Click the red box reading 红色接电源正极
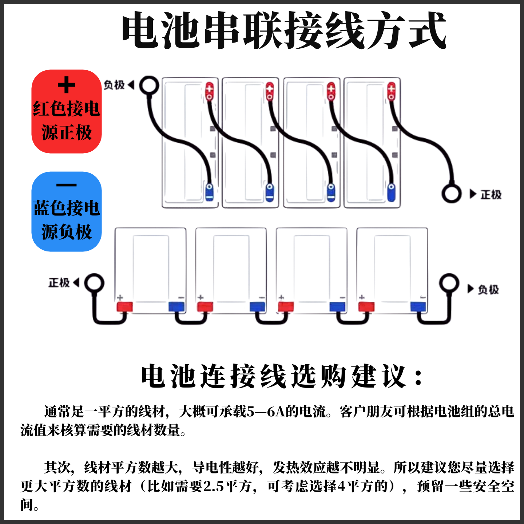[x=67, y=111]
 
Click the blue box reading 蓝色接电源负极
[x=67, y=211]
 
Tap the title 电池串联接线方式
[x=284, y=31]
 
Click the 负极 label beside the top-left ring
[x=114, y=85]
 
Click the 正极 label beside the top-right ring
[x=491, y=195]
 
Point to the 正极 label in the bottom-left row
[x=59, y=283]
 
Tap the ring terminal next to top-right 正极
[x=452, y=194]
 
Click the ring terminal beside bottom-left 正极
[x=94, y=283]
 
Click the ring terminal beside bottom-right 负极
[x=449, y=283]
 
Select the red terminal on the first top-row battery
[x=210, y=91]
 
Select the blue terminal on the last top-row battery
[x=391, y=192]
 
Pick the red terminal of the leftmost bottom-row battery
[x=124, y=307]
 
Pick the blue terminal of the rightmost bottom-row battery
[x=418, y=307]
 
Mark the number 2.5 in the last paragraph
[x=213, y=487]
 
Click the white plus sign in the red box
[x=66, y=86]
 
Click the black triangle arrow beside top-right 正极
[x=473, y=194]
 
